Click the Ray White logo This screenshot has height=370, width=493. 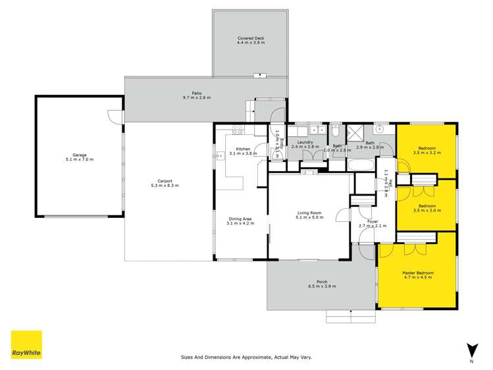click(26, 345)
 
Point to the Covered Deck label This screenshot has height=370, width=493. click(250, 41)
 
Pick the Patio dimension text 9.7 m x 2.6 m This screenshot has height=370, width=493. click(196, 97)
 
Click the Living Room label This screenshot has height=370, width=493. click(309, 213)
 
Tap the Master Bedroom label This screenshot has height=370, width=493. click(418, 273)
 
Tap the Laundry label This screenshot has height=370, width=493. click(304, 142)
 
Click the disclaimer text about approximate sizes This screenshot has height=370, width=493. click(246, 357)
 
